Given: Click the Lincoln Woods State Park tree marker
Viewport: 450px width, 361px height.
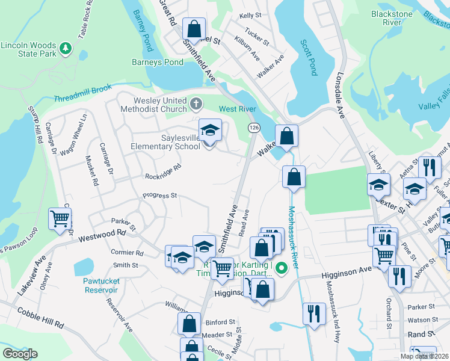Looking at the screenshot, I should coord(66,48).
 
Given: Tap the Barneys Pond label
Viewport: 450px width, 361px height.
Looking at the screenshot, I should coord(158,62).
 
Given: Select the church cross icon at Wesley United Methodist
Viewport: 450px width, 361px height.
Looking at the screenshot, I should coord(196,105).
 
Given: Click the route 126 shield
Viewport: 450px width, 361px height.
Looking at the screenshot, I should coord(253,128).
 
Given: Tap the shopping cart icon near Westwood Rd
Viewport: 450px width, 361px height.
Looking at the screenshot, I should coord(60,218).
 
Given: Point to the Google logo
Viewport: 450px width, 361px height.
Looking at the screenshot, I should coord(20,354).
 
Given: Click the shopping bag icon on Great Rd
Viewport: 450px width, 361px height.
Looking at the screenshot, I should coord(194,28).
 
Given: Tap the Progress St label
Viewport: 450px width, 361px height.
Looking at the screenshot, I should coord(159,196).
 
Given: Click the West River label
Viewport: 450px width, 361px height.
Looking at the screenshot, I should coord(237,109).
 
